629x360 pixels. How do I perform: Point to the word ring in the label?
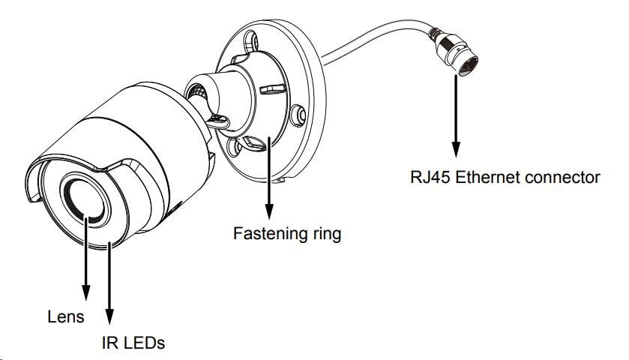(325, 234)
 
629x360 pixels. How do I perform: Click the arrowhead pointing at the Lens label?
(87, 295)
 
